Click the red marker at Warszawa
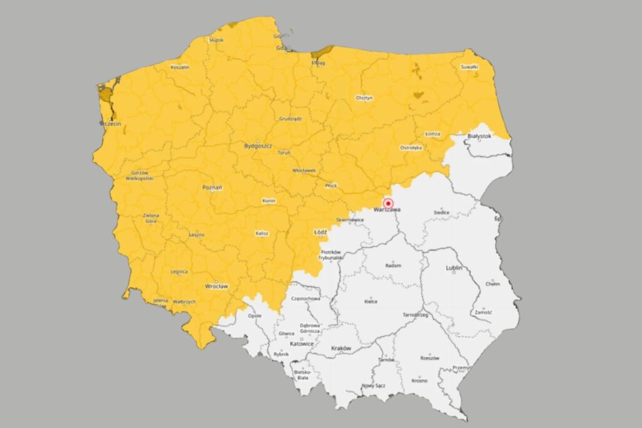[x=388, y=203]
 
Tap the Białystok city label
[x=480, y=135]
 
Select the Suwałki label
[x=469, y=66]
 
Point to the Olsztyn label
[x=364, y=98]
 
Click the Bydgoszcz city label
[x=258, y=146]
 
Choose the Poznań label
[x=213, y=187]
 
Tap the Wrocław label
[x=216, y=286]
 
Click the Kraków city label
[x=340, y=348]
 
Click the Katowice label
[x=302, y=343]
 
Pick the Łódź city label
[x=320, y=232]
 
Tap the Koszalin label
[x=180, y=66]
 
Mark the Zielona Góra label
[x=151, y=218]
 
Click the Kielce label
[x=371, y=301]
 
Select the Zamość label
[x=483, y=311]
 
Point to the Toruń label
[x=283, y=152]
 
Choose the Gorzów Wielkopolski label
[x=139, y=175]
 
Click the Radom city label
[x=393, y=266]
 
